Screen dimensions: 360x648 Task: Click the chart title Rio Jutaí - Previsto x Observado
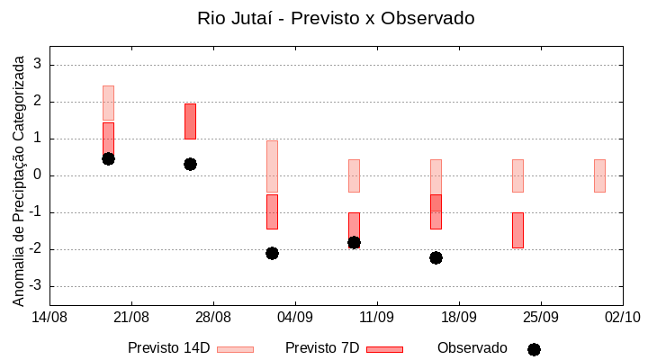(336, 18)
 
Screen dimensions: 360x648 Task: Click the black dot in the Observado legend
(534, 349)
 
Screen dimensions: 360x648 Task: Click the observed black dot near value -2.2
(436, 257)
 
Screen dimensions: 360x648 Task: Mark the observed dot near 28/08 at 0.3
(190, 164)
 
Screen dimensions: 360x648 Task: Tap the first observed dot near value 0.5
(108, 158)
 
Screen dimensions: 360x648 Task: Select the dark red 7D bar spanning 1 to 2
(190, 121)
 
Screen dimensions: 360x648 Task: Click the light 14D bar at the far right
(599, 175)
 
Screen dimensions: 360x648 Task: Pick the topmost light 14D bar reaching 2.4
(108, 103)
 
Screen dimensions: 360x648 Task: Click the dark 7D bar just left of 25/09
(517, 230)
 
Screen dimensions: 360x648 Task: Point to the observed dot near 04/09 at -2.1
(272, 253)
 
